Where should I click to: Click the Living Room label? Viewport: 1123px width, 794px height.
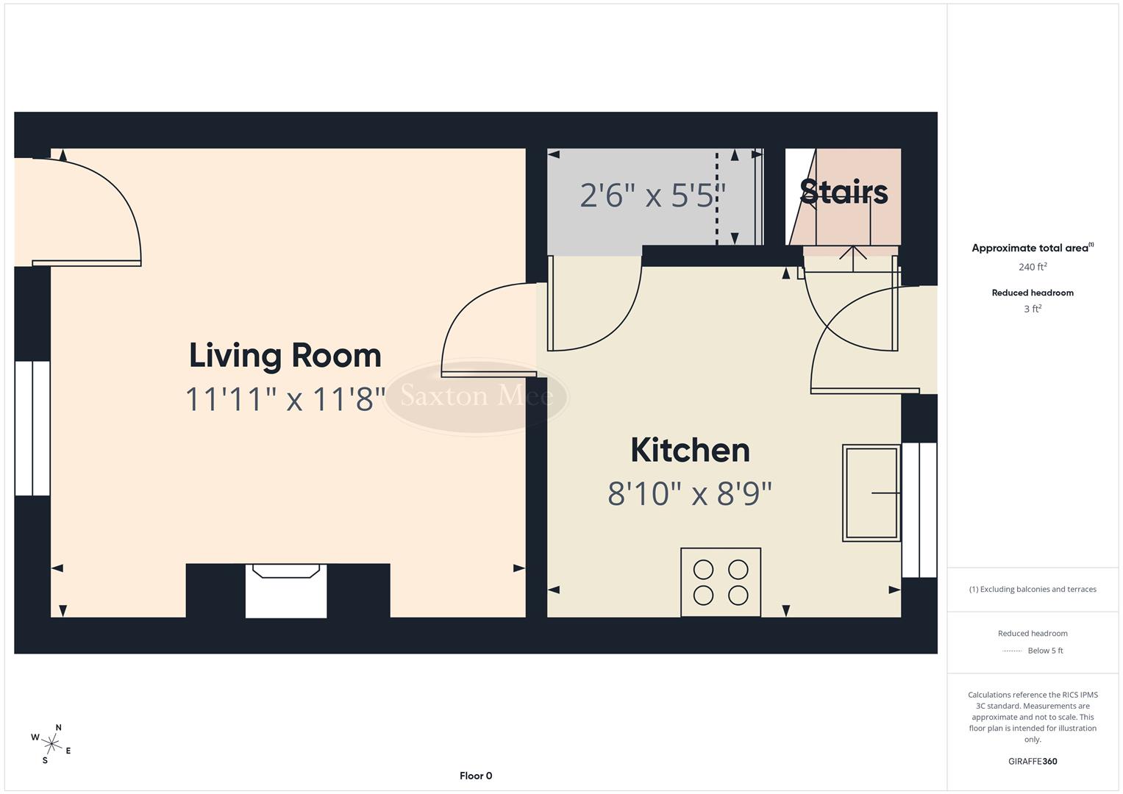285,356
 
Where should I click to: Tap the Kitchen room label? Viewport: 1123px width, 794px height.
690,450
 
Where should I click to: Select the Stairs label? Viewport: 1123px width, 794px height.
844,191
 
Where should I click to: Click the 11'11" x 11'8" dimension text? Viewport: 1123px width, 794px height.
285,400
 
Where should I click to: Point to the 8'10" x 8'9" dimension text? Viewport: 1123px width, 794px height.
690,494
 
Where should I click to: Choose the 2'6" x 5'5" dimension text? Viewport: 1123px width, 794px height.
652,196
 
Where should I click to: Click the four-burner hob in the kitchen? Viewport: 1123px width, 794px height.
720,582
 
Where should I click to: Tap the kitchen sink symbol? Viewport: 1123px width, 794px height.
871,493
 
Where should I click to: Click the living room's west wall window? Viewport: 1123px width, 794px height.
32,428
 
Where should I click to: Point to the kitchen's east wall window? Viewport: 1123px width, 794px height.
919,509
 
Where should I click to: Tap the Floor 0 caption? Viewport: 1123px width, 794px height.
476,776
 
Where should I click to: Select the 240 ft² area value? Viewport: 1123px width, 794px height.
1033,267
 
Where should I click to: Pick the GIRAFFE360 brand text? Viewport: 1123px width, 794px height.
1033,761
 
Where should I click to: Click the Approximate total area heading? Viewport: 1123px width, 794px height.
1030,248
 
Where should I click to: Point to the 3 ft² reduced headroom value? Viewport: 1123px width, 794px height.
1033,309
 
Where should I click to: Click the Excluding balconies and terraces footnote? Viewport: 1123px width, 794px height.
1033,589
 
